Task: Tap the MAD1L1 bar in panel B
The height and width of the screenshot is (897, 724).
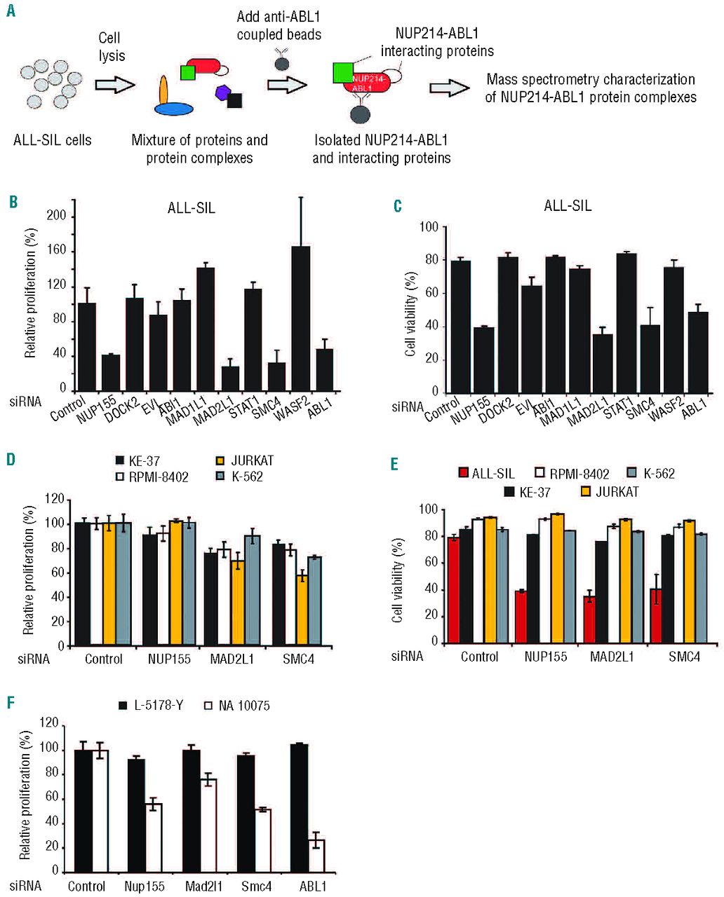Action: (205, 329)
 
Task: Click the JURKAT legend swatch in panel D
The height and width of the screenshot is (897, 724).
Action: (220, 461)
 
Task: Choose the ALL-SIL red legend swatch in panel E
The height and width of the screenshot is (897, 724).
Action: (463, 474)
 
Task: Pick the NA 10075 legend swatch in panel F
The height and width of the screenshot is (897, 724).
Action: (208, 706)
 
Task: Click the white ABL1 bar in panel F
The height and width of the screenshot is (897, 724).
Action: (316, 856)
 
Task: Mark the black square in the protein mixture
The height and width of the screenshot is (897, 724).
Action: (235, 101)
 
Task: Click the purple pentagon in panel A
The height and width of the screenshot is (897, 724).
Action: (222, 93)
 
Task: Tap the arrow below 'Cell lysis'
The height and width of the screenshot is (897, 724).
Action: (113, 85)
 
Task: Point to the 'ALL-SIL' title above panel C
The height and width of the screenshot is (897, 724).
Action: (568, 206)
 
